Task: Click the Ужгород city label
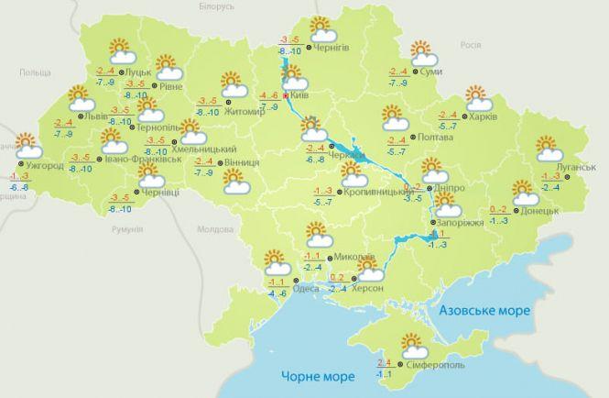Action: click(x=43, y=166)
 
